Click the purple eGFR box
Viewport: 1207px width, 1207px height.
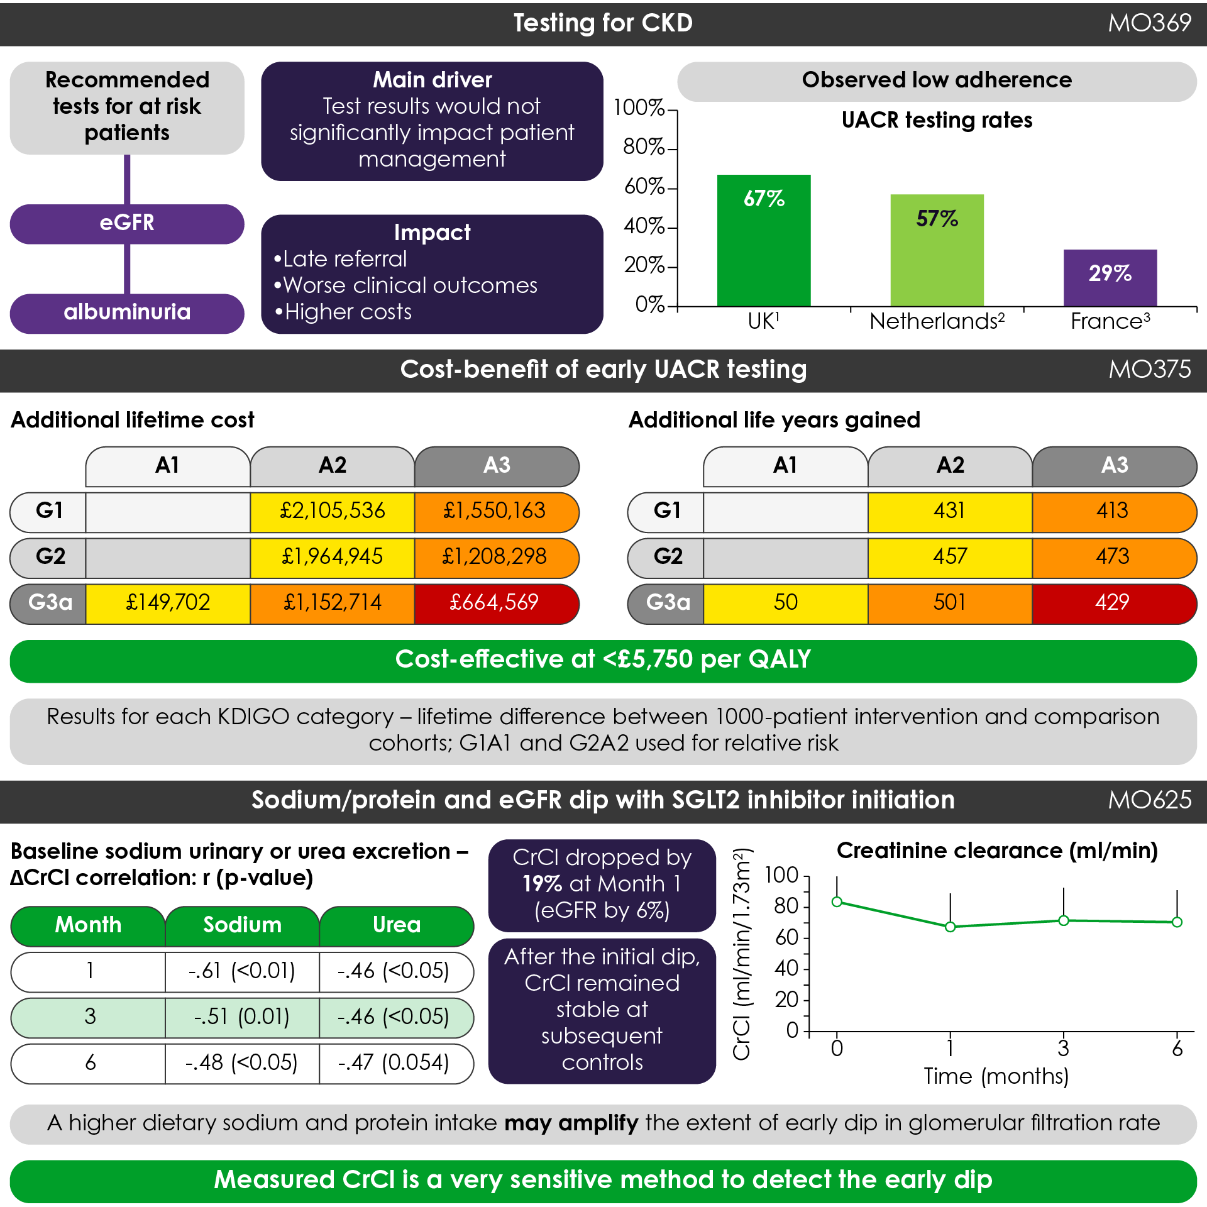pyautogui.click(x=127, y=224)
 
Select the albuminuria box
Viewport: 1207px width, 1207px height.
pyautogui.click(x=127, y=313)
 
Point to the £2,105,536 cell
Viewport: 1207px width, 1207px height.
pyautogui.click(x=332, y=511)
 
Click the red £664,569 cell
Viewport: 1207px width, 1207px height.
pyautogui.click(x=494, y=603)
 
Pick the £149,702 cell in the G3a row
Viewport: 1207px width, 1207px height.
pyautogui.click(x=168, y=603)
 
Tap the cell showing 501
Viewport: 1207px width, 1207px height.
pyautogui.click(x=949, y=603)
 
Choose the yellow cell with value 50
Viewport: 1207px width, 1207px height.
pyautogui.click(x=785, y=603)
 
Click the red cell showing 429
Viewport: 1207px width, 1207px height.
pyautogui.click(x=1113, y=603)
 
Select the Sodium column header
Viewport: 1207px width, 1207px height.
pyautogui.click(x=242, y=925)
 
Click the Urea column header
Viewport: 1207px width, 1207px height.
pyautogui.click(x=396, y=925)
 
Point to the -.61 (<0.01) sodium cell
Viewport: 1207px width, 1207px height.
pyautogui.click(x=242, y=971)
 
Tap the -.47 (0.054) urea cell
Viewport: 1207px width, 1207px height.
pyautogui.click(x=394, y=1063)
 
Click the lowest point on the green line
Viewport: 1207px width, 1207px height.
pyautogui.click(x=951, y=927)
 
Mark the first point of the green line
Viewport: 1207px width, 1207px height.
pyautogui.click(x=837, y=902)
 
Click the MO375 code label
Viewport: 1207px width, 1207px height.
pyautogui.click(x=1149, y=370)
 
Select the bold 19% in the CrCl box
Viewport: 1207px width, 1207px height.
pyautogui.click(x=542, y=885)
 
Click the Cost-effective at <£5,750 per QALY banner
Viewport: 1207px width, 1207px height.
pyautogui.click(x=603, y=660)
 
